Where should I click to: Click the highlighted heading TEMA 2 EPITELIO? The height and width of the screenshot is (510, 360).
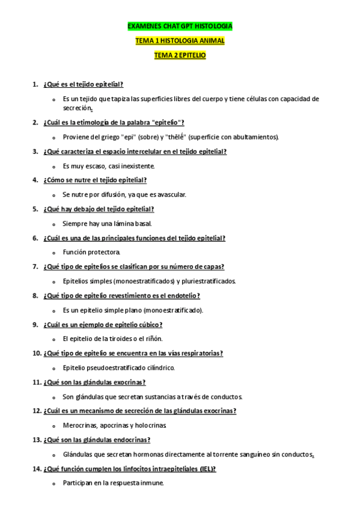[x=180, y=55]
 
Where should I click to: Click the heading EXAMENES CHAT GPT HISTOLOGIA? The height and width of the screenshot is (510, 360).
[x=180, y=26]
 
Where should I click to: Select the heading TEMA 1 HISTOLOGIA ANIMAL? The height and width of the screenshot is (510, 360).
[x=180, y=40]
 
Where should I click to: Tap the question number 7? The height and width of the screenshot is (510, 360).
[x=35, y=266]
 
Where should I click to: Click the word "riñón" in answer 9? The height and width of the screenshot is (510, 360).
[x=154, y=339]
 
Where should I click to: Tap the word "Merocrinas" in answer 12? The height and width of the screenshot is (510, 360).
[x=79, y=425]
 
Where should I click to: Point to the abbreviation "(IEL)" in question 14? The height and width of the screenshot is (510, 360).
[x=205, y=469]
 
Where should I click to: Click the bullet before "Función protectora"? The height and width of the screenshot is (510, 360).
[x=55, y=253]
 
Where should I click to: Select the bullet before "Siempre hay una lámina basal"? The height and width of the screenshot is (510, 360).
[x=55, y=224]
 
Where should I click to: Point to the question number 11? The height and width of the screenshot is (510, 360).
[x=35, y=382]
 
